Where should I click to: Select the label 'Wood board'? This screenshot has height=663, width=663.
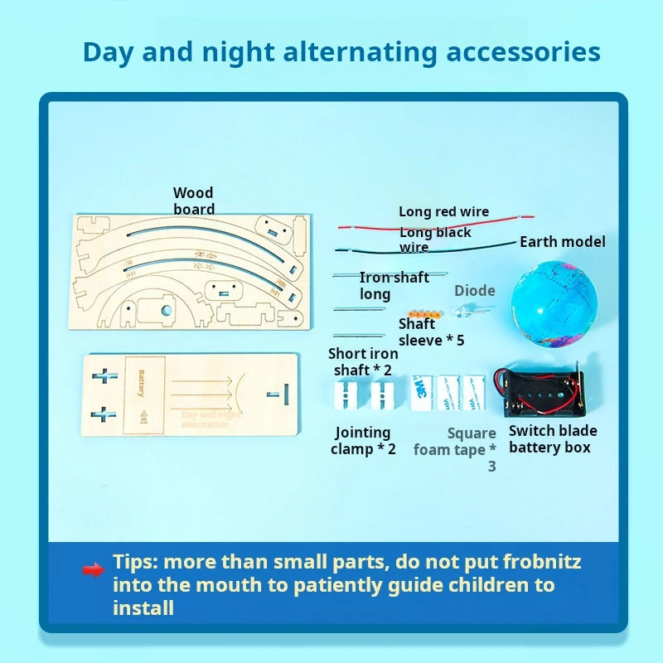tap(193, 201)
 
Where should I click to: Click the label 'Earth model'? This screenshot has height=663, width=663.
tap(562, 242)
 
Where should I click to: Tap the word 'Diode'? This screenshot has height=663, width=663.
tap(474, 291)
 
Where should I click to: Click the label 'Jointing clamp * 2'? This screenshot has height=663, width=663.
tap(363, 440)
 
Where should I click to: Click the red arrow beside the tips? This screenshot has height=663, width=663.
tap(92, 569)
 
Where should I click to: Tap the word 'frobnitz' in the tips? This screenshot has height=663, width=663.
tap(540, 562)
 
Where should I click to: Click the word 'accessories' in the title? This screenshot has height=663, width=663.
tap(523, 51)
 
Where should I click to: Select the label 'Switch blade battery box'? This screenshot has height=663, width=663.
tap(552, 438)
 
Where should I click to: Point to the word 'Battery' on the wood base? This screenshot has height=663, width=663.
tap(141, 383)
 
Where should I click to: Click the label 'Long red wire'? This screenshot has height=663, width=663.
tap(443, 212)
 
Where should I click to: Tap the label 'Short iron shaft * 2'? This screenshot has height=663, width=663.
tap(363, 362)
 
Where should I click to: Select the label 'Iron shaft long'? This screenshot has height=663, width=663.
tap(393, 285)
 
